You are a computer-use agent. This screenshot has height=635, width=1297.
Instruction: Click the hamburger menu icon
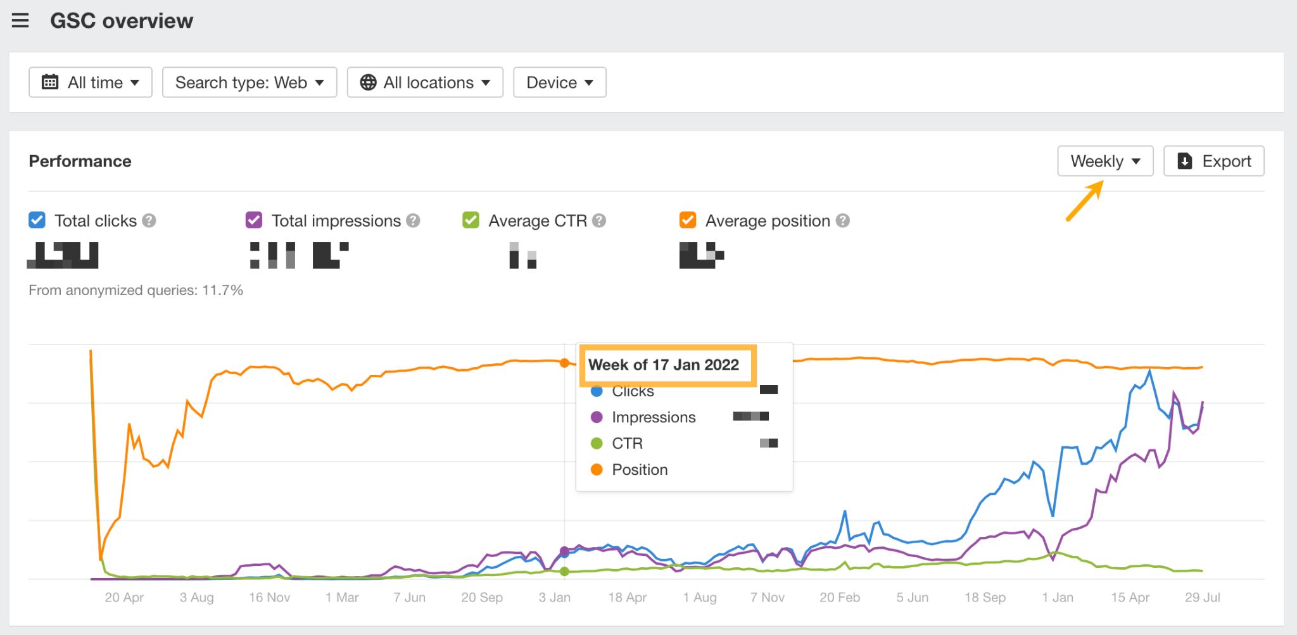coord(20,21)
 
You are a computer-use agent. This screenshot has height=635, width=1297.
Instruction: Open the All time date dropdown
coord(91,82)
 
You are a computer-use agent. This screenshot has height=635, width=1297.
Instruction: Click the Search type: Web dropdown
coord(250,82)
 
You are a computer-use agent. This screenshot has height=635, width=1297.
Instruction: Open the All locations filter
coord(425,82)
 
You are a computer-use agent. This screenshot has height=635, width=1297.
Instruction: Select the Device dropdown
coord(559,82)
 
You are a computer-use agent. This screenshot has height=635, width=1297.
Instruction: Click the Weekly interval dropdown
coord(1105,161)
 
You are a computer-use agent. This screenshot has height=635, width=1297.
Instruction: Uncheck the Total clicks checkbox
coord(37,220)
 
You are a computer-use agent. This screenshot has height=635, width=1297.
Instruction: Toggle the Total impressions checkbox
coord(254,220)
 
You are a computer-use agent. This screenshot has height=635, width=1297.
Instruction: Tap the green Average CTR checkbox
coord(471,220)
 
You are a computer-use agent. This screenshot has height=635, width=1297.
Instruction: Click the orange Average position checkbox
coord(688,220)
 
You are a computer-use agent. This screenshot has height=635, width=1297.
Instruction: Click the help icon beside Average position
coord(842,220)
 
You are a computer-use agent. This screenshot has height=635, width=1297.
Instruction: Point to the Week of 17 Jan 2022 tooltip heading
coord(664,365)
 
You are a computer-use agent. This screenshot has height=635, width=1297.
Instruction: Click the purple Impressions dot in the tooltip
coord(596,417)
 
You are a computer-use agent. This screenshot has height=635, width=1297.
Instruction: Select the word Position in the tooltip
coord(640,470)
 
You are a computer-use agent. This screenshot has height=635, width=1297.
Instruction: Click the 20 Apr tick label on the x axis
coord(124,597)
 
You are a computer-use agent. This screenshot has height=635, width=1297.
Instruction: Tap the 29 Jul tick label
coord(1202,597)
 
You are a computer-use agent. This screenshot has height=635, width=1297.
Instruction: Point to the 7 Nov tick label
coord(767,597)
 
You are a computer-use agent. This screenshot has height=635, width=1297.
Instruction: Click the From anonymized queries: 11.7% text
coord(136,290)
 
